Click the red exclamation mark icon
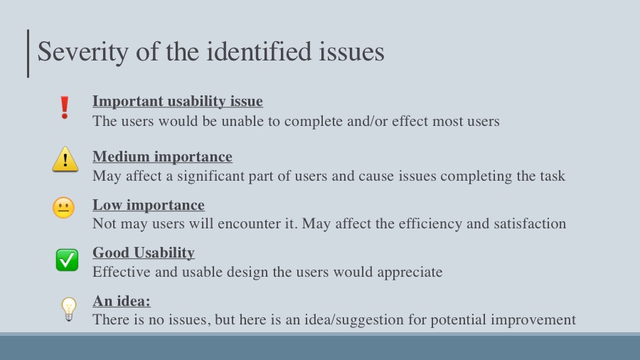point(65,107)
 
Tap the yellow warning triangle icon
point(65,159)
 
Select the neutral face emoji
point(64,208)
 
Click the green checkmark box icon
point(67,260)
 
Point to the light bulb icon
point(68,309)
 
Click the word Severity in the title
point(83,52)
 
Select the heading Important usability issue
point(178,101)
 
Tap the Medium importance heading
point(162,157)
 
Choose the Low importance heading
point(149,204)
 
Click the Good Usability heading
point(143,253)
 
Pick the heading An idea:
point(121,301)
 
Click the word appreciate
point(410,272)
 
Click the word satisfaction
point(530,223)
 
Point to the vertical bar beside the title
point(28,53)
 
